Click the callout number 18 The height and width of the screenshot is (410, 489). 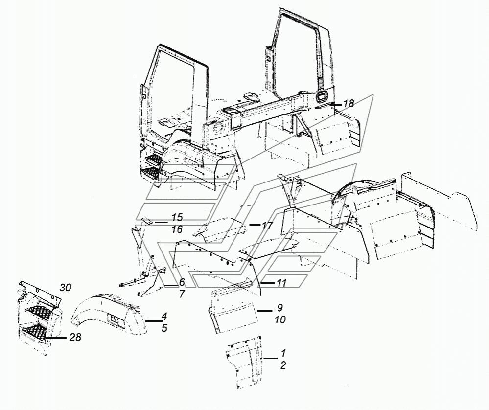(349, 104)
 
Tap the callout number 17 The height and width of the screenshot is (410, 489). (267, 225)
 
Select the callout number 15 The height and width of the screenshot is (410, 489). (177, 218)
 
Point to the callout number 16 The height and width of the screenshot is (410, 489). (177, 229)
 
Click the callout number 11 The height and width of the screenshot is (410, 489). (281, 283)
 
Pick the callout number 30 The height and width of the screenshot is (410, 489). (65, 288)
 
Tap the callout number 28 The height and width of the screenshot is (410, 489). (75, 337)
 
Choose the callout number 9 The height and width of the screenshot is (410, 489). (279, 308)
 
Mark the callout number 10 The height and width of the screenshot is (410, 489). (280, 319)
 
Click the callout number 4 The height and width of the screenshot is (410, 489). (164, 317)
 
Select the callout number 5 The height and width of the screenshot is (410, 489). (164, 328)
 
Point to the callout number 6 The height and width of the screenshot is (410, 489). (182, 282)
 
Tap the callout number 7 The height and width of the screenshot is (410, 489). (182, 294)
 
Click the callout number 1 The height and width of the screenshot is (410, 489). (283, 353)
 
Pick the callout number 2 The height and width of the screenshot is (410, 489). (283, 365)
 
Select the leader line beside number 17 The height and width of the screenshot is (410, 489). (255, 225)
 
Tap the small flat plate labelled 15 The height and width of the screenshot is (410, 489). (146, 221)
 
